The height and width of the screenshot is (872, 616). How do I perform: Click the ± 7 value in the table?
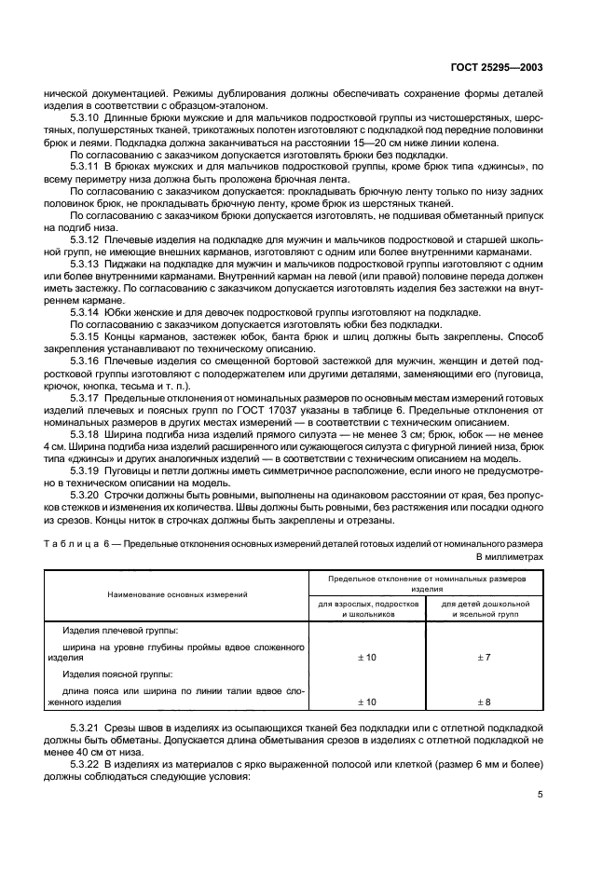click(485, 658)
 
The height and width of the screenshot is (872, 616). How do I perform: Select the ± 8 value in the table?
click(485, 702)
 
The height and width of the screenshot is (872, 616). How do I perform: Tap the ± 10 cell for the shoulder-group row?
click(367, 658)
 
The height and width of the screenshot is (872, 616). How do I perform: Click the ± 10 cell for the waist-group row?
click(367, 702)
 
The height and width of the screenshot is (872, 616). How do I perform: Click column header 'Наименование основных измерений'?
click(177, 593)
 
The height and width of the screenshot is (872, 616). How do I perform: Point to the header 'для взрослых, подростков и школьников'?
click(367, 609)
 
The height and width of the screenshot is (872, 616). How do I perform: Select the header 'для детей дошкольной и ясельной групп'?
click(485, 609)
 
